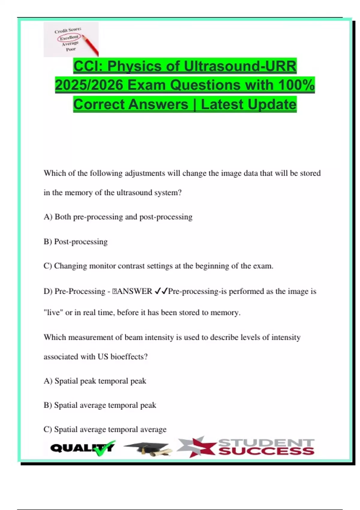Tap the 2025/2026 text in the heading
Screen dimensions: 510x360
(x=89, y=85)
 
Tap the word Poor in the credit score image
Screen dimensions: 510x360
(x=71, y=49)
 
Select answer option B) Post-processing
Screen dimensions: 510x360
(x=76, y=241)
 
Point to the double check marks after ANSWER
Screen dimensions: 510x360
(x=160, y=291)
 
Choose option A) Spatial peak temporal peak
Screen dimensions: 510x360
(x=95, y=381)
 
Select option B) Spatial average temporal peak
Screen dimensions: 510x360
(x=100, y=405)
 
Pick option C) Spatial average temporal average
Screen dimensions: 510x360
(x=105, y=429)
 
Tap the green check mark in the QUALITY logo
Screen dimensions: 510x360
(x=103, y=448)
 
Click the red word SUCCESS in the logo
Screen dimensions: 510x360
(x=266, y=451)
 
